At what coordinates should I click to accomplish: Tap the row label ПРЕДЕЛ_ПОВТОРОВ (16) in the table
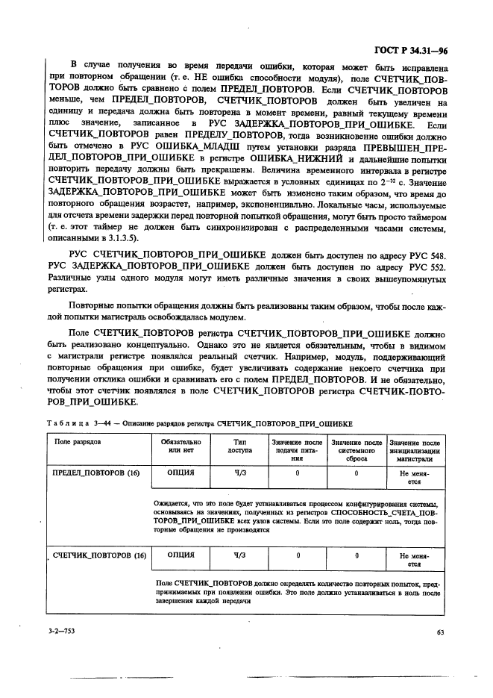tap(95, 473)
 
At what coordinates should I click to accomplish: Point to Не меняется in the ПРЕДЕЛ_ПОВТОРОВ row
tap(415, 477)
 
